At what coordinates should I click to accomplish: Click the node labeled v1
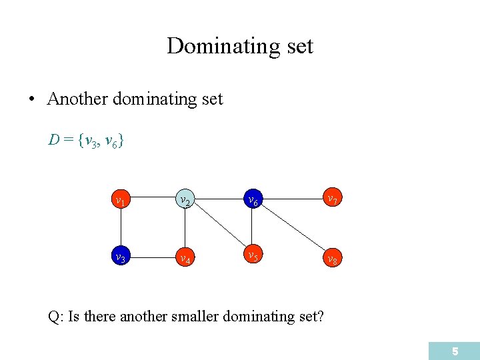pyautogui.click(x=120, y=199)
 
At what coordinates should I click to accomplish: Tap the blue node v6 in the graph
pyautogui.click(x=252, y=199)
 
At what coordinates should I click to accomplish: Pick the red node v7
pyautogui.click(x=331, y=199)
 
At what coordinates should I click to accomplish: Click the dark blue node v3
pyautogui.click(x=120, y=257)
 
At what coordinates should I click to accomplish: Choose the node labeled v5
pyautogui.click(x=252, y=256)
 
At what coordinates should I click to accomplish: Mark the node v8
pyautogui.click(x=331, y=257)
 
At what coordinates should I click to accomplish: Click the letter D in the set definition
pyautogui.click(x=53, y=140)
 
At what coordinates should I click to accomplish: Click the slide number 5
pyautogui.click(x=455, y=351)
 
